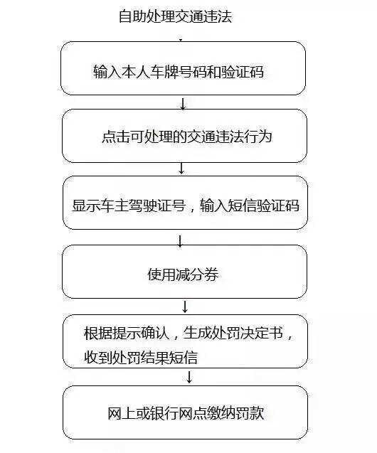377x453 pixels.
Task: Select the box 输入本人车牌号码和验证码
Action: [x=184, y=68]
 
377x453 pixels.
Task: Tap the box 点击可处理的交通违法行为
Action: [x=184, y=136]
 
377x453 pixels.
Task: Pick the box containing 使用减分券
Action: [x=184, y=272]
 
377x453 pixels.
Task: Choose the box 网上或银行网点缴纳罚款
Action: [x=184, y=412]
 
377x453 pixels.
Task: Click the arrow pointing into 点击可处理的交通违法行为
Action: [x=183, y=104]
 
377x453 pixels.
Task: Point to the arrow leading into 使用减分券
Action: [x=181, y=240]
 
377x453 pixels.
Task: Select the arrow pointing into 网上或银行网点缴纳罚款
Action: [x=189, y=377]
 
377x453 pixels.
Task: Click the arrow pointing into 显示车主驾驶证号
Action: [x=182, y=169]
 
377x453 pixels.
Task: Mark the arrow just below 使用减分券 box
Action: [x=185, y=307]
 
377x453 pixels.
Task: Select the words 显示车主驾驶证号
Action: [x=129, y=206]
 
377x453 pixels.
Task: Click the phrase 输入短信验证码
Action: [x=249, y=206]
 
